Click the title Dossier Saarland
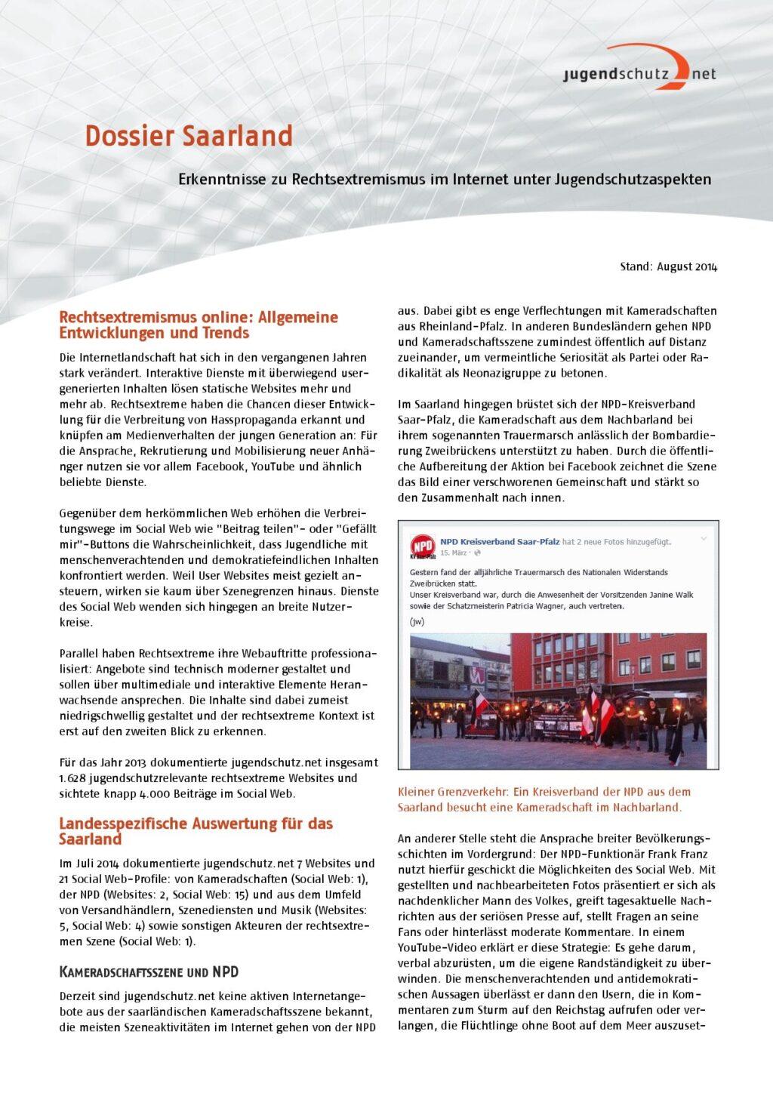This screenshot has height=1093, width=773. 188,137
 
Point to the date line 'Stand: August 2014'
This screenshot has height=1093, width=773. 668,266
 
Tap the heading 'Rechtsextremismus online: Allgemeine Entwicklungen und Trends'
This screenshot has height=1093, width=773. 198,325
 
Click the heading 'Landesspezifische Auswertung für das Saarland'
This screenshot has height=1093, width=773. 196,831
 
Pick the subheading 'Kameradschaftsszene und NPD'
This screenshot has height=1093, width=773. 149,972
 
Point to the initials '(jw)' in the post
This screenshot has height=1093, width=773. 417,622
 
